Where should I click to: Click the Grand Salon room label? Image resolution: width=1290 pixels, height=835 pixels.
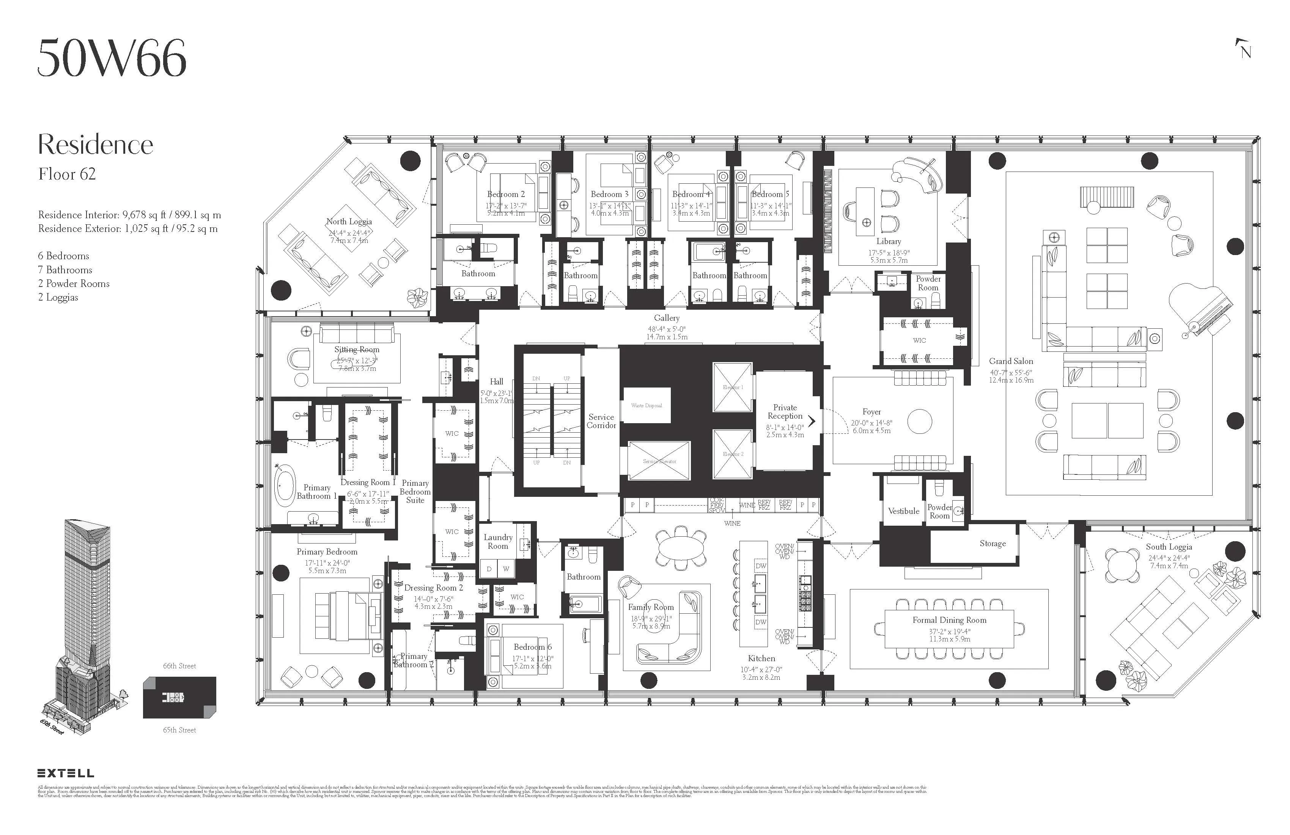point(1011,361)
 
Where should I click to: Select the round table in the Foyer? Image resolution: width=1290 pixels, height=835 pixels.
point(919,421)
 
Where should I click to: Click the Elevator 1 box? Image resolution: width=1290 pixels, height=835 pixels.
point(732,387)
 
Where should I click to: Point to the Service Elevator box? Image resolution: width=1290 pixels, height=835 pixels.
point(659,461)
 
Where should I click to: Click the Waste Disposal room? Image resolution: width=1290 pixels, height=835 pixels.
point(646,406)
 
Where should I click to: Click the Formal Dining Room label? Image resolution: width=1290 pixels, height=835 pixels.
point(949,620)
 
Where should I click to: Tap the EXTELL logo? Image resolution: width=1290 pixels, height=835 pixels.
point(66,773)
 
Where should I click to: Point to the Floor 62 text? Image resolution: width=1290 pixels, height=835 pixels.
point(67,174)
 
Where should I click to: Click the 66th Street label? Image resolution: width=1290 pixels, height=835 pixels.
point(179,666)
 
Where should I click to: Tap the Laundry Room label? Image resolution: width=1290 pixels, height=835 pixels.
point(497,542)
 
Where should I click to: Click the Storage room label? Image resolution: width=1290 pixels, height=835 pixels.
point(993,543)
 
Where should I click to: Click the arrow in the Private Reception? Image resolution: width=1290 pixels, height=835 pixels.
point(812,421)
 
